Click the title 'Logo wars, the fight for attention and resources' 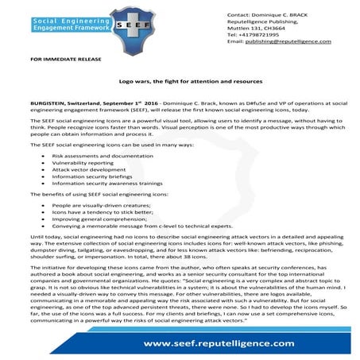coord(180,82)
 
